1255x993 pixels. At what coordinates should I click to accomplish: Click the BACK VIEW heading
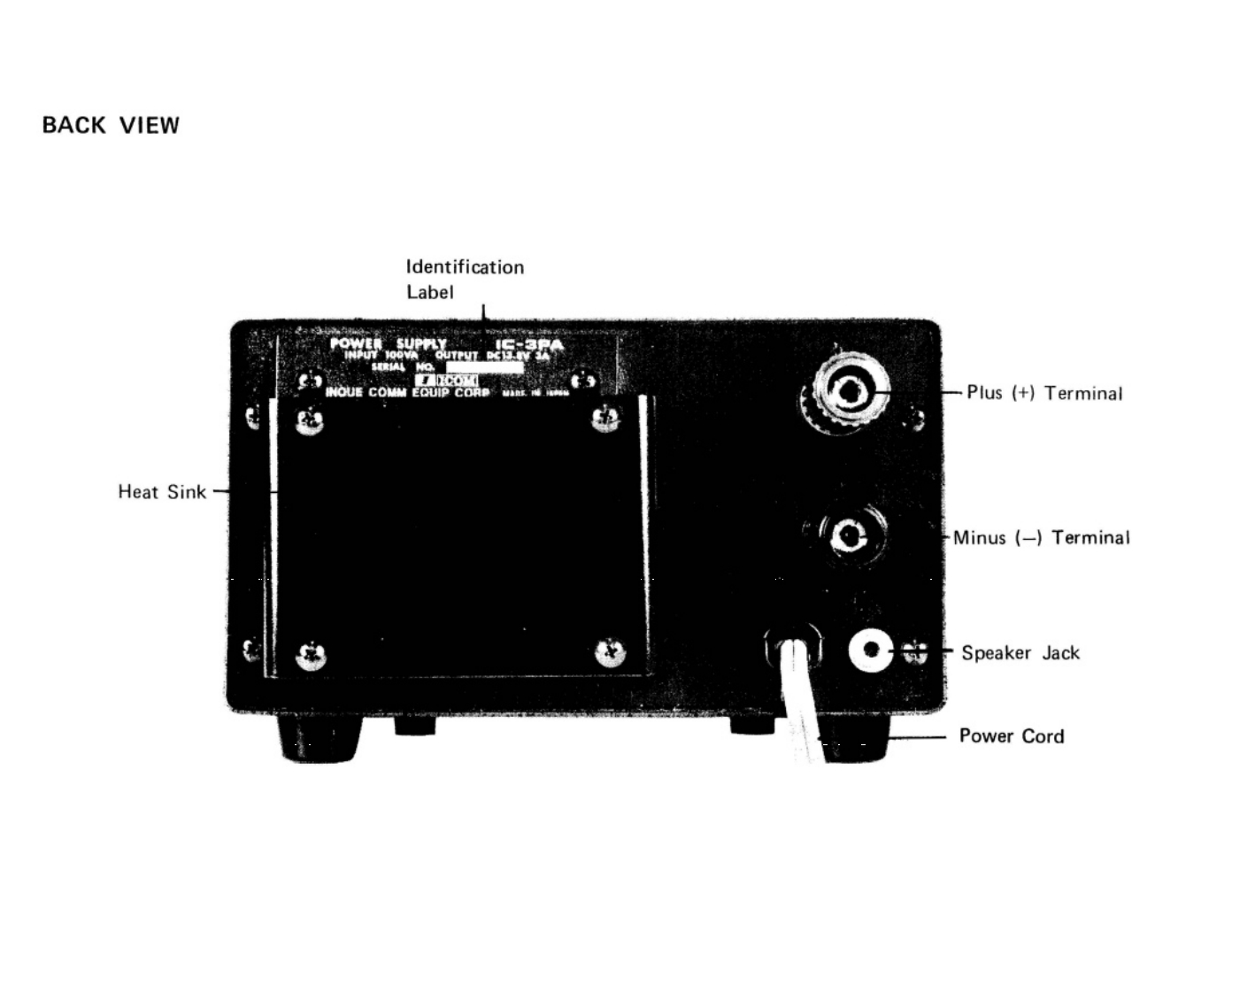[x=111, y=126]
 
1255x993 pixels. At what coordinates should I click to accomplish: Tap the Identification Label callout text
[x=464, y=279]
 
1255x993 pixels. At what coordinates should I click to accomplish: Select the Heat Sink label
[x=162, y=492]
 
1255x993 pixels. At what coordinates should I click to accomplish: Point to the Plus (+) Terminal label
[x=1044, y=393]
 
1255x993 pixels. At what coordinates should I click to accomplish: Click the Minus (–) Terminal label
[x=1042, y=537]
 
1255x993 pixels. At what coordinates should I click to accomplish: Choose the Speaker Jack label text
[x=1020, y=653]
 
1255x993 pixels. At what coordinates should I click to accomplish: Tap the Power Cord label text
[x=1012, y=736]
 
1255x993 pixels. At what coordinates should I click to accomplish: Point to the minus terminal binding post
[x=848, y=535]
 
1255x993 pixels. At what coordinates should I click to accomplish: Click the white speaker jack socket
[x=871, y=650]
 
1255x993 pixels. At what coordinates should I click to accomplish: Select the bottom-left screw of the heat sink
[x=311, y=656]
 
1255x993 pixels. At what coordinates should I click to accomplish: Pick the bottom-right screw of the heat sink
[x=610, y=653]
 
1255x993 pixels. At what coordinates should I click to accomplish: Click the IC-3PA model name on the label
[x=528, y=343]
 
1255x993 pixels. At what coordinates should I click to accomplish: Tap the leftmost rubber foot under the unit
[x=320, y=736]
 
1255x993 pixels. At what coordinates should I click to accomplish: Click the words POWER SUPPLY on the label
[x=388, y=343]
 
